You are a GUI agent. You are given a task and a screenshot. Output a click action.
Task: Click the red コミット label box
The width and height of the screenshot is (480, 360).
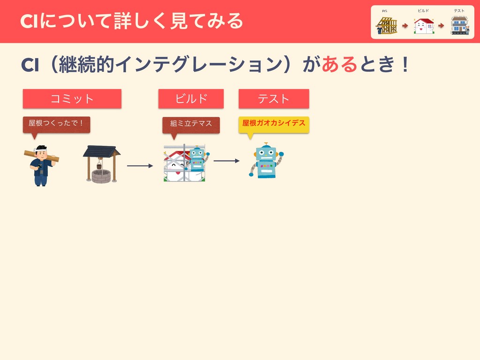point(72,99)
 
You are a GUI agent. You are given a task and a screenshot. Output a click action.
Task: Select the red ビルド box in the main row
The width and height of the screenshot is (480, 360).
point(191,99)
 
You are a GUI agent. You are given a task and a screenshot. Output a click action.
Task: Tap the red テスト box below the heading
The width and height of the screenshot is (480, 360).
point(274,99)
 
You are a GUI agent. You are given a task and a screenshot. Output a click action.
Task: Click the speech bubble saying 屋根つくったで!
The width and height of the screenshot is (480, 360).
point(56,124)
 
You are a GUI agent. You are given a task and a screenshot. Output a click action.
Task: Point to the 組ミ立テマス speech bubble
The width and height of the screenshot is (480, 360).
point(191,124)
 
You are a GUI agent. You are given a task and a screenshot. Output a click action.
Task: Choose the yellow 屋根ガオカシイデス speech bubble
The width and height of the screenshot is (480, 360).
point(274,124)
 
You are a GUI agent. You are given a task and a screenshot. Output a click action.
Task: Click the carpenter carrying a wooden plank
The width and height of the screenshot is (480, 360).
point(41,166)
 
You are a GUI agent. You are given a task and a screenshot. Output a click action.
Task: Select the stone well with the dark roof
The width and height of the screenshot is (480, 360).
point(101,164)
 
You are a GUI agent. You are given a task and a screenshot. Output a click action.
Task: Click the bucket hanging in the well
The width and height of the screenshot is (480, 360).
point(99,166)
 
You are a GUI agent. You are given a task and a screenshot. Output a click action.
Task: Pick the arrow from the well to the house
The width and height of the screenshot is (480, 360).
point(140,166)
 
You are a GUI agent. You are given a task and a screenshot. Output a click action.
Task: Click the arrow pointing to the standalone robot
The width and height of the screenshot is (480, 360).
point(226,161)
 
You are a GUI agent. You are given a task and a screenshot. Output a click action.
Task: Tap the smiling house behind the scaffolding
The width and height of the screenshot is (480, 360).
point(175,166)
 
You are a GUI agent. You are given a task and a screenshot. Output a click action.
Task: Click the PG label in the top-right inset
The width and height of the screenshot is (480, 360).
point(384,11)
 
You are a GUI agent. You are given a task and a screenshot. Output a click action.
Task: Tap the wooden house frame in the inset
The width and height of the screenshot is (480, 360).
point(387,25)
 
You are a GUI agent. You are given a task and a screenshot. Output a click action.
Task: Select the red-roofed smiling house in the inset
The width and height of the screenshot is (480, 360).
point(424,26)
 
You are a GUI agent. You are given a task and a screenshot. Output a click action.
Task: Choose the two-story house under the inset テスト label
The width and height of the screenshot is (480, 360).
point(459,25)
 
